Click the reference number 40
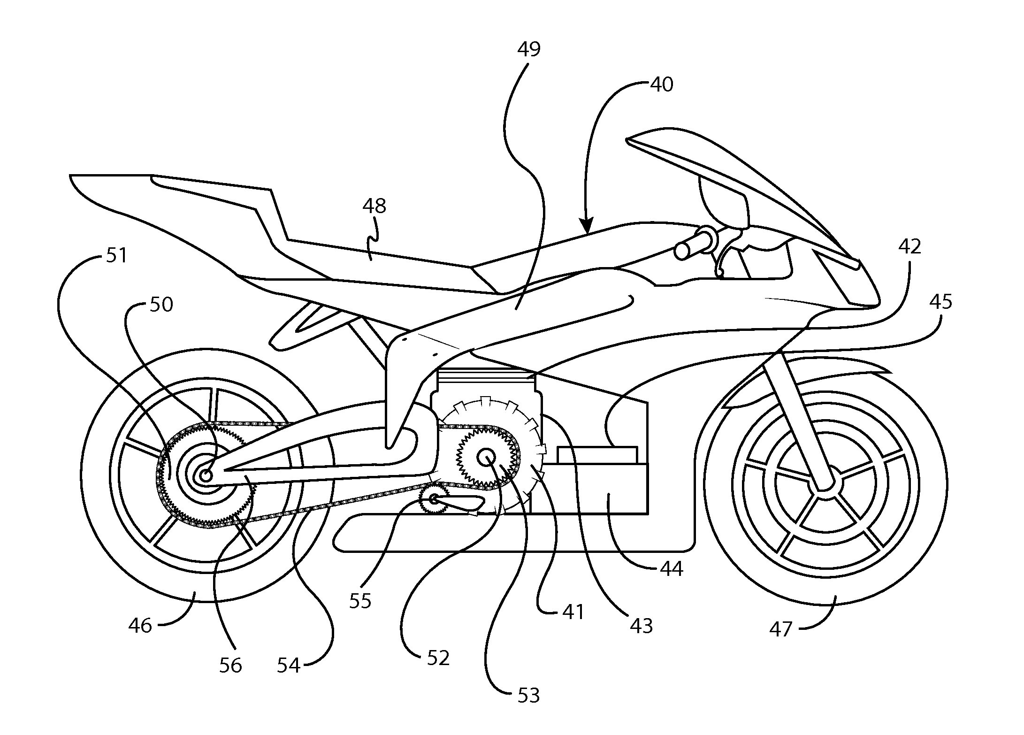pyautogui.click(x=661, y=84)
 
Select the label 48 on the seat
pyautogui.click(x=374, y=206)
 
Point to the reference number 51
pyautogui.click(x=116, y=256)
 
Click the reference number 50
pyautogui.click(x=161, y=305)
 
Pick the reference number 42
pyautogui.click(x=909, y=246)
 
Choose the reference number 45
pyautogui.click(x=940, y=302)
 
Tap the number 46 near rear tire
pyautogui.click(x=140, y=625)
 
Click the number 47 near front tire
pyautogui.click(x=780, y=629)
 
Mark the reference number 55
pyautogui.click(x=360, y=601)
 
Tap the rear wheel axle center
pyautogui.click(x=205, y=475)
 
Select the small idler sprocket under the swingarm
pyautogui.click(x=433, y=498)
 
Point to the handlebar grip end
pyautogui.click(x=681, y=251)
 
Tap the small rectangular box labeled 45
pyautogui.click(x=597, y=455)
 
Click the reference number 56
pyautogui.click(x=230, y=665)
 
